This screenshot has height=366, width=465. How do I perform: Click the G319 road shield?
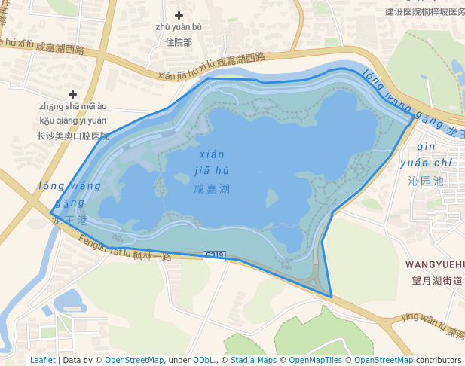pos(215,255)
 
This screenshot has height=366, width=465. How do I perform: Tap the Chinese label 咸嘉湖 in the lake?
pos(211,190)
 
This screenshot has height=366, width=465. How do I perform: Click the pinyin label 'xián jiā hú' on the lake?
pos(212,162)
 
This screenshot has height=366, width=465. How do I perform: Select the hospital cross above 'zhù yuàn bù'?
pos(179,15)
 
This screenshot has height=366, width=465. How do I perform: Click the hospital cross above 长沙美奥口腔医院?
pos(73,94)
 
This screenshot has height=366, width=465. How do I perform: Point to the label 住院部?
pos(179,42)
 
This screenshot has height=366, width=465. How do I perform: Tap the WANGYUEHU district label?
pos(435,264)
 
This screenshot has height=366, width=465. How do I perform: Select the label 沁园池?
pos(425,181)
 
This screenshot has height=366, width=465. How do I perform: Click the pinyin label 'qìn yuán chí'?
pos(426,154)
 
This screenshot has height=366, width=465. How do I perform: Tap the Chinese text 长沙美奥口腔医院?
pos(73,136)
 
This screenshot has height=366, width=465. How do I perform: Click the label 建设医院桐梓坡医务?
pos(424,11)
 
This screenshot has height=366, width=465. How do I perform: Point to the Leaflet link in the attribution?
pos(42,360)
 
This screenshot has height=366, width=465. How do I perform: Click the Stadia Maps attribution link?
pos(253,360)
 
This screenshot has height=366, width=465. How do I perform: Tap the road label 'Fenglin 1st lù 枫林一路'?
pos(124,250)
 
